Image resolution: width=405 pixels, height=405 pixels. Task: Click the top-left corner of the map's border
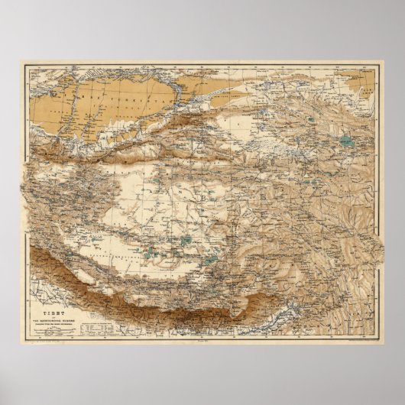pos(26,66)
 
